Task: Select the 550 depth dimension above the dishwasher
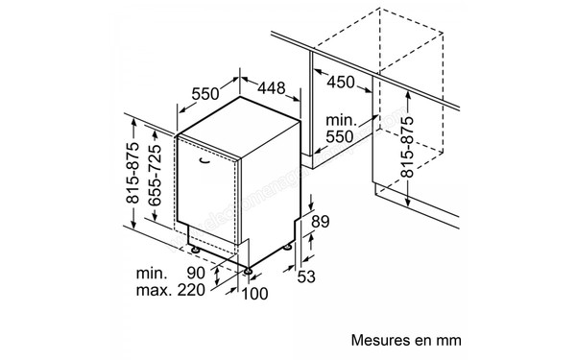(x=206, y=93)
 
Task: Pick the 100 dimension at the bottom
(x=254, y=293)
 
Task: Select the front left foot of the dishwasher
(x=196, y=250)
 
